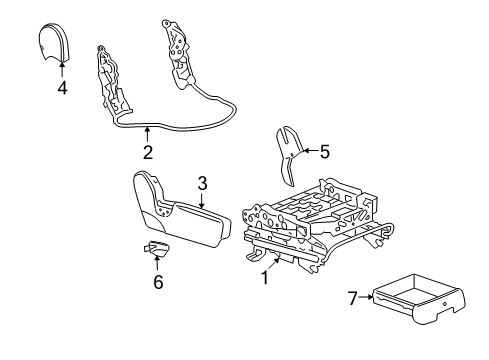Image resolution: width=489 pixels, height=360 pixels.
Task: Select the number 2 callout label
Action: pos(147,153)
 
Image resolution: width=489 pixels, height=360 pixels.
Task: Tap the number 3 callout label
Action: pos(202,183)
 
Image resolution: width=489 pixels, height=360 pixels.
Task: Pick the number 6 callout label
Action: pos(158,283)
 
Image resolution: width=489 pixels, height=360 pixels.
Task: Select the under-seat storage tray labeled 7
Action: pos(411,301)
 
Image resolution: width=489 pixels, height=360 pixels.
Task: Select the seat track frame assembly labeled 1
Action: pos(310,225)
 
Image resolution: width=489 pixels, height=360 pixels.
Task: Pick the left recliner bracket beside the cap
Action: pos(113,75)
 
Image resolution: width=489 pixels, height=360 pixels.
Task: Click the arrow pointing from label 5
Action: pos(308,151)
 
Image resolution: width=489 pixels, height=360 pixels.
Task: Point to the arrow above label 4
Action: pos(61,70)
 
